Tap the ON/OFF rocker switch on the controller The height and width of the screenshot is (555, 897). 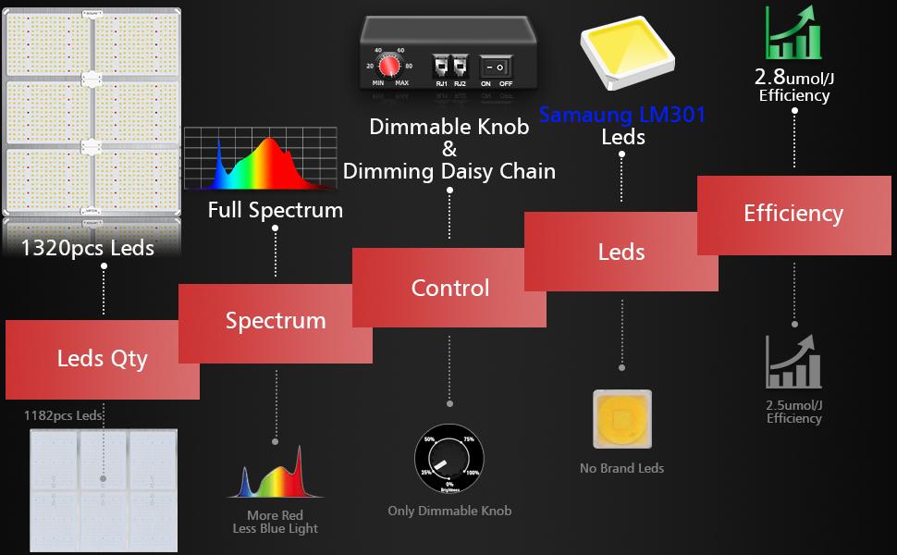click(497, 68)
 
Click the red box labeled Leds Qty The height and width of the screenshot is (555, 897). click(102, 359)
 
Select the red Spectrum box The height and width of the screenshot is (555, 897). click(275, 322)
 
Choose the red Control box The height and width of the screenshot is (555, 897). click(449, 288)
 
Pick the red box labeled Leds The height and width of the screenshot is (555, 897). click(621, 252)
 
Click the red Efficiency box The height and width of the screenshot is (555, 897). click(793, 214)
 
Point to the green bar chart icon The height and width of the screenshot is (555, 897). click(793, 35)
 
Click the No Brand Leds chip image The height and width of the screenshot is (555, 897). click(621, 419)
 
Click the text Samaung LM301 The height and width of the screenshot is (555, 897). click(621, 115)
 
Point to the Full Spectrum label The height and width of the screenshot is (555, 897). click(275, 210)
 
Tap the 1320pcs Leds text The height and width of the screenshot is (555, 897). click(88, 247)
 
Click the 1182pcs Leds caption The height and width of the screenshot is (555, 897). click(63, 415)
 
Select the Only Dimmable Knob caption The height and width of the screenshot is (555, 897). click(449, 511)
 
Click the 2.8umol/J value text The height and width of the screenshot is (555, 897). click(793, 77)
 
